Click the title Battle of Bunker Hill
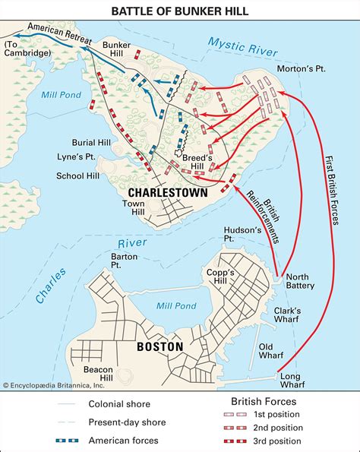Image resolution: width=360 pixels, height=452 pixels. point(179,10)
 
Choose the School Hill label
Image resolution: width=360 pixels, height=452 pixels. point(78,175)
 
